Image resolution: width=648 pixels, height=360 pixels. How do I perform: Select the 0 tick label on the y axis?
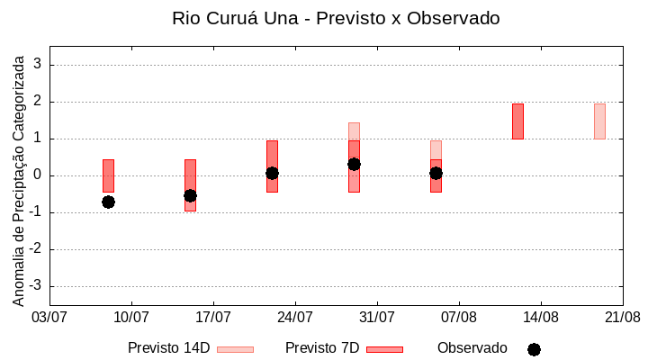[38, 175]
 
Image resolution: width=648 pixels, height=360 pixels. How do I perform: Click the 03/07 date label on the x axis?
[49, 317]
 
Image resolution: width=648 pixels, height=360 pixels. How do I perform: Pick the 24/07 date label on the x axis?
[295, 317]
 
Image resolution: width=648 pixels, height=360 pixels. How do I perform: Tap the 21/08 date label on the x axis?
[622, 317]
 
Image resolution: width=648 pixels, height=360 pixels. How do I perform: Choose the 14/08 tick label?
[541, 317]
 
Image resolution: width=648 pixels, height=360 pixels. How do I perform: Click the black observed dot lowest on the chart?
[108, 202]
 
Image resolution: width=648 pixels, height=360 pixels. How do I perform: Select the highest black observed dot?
[354, 164]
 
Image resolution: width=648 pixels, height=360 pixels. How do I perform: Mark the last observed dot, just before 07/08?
[436, 173]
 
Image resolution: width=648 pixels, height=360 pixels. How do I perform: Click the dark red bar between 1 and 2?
[517, 121]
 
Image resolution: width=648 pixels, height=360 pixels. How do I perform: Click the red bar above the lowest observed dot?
[108, 175]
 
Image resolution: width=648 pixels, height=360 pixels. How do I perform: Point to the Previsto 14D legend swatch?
[235, 349]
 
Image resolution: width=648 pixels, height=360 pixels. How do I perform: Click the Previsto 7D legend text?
[322, 348]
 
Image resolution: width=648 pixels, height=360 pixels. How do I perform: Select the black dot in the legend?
[534, 349]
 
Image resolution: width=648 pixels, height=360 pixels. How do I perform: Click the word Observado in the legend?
[472, 348]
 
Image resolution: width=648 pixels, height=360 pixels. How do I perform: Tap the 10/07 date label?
[131, 317]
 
